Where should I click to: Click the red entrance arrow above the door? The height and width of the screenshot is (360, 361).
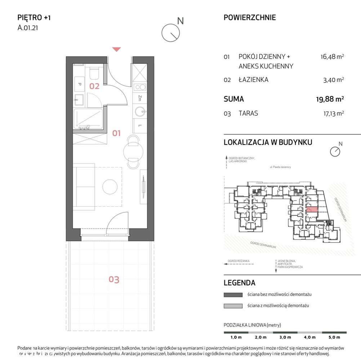pos(116,49)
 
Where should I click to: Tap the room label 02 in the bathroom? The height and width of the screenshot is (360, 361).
pos(94,86)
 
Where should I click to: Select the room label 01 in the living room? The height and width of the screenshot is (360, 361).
pos(116,133)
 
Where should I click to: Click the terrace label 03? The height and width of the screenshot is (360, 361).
pos(114,279)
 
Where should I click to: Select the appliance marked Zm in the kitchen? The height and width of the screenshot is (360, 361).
pos(139,98)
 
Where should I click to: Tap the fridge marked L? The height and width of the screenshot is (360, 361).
pos(139,125)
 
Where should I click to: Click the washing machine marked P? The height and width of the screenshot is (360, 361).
pos(80,84)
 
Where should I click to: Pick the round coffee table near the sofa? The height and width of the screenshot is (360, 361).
pos(110,186)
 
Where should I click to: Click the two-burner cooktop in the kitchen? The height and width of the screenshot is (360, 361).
pos(139,87)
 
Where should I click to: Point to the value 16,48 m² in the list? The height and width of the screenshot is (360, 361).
pos(332,57)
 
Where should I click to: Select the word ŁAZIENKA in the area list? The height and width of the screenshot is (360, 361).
pos(253,80)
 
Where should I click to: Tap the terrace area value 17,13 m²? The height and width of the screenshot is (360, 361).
pos(332,113)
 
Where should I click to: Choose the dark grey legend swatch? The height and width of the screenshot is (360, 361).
pos(233,294)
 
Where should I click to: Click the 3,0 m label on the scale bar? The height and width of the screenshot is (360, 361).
pos(285,337)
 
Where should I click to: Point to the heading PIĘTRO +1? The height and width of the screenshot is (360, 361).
pos(34,17)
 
